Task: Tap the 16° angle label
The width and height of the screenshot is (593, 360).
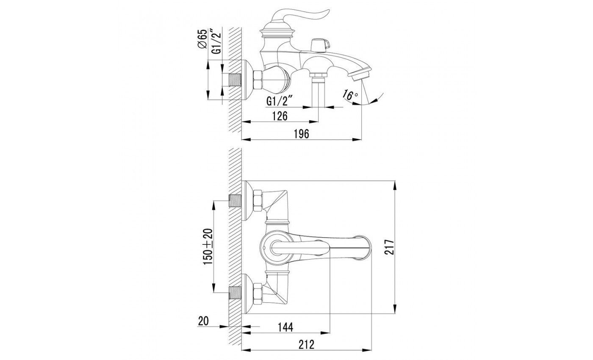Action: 350,95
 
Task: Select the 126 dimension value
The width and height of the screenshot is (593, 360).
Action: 280,116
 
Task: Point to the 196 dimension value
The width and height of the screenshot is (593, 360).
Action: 302,134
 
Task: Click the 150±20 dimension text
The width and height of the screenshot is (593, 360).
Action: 208,246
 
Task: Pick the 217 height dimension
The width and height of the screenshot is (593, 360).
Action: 389,247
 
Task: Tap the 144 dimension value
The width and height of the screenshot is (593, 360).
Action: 285,327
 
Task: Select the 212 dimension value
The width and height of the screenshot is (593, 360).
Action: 307,344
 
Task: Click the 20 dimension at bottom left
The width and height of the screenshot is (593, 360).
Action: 203,321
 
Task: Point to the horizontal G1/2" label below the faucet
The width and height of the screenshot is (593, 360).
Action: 280,101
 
